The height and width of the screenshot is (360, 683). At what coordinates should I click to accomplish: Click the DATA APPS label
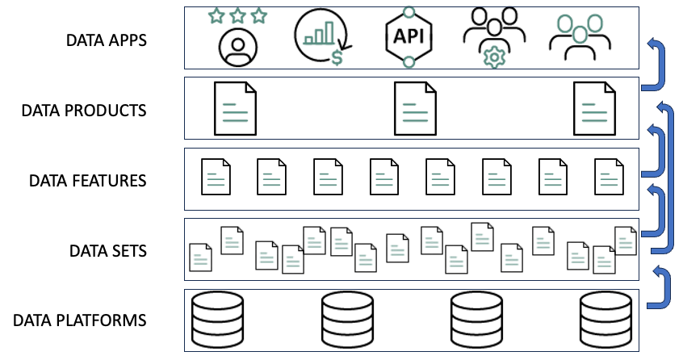click(x=107, y=40)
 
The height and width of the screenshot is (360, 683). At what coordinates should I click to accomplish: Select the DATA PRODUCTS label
click(x=84, y=110)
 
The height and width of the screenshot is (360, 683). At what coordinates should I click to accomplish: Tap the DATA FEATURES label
click(x=87, y=180)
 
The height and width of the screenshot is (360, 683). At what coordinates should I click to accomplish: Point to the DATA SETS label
click(x=107, y=250)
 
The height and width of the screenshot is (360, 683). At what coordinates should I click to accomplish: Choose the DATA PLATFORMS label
click(x=79, y=320)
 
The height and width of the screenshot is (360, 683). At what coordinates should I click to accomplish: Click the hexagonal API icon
click(x=409, y=37)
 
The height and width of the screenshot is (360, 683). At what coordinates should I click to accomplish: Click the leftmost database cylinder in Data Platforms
click(x=217, y=320)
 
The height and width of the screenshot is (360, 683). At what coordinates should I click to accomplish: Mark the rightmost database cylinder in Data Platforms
click(x=605, y=320)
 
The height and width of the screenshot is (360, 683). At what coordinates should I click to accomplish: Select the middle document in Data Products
click(x=415, y=109)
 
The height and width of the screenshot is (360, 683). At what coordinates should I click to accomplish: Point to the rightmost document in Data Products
click(x=594, y=109)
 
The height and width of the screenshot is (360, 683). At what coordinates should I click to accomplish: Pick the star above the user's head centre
click(x=237, y=15)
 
